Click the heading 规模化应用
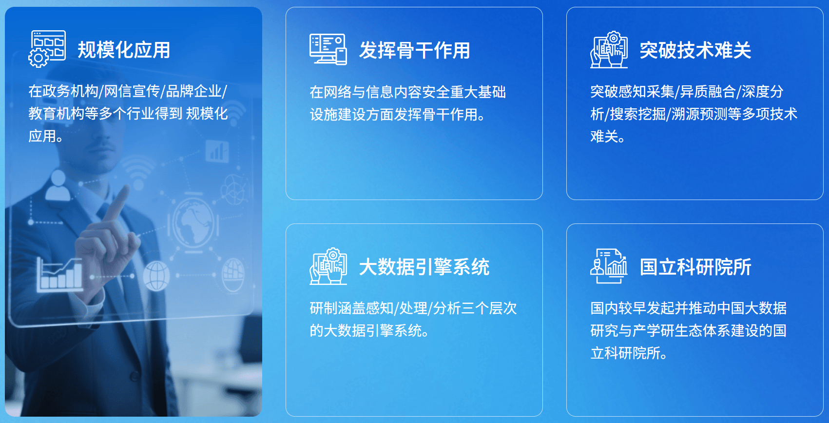pyautogui.click(x=124, y=50)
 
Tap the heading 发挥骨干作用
pyautogui.click(x=414, y=50)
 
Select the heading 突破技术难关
pyautogui.click(x=695, y=50)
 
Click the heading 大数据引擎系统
pyautogui.click(x=424, y=267)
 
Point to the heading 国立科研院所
pyautogui.click(x=695, y=267)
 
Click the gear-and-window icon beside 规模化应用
pyautogui.click(x=47, y=49)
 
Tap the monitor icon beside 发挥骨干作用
pyautogui.click(x=328, y=49)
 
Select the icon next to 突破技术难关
pyautogui.click(x=609, y=49)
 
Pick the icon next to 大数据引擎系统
pyautogui.click(x=328, y=266)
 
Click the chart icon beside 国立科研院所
pyautogui.click(x=609, y=266)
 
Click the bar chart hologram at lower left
pyautogui.click(x=59, y=274)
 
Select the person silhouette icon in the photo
pyautogui.click(x=58, y=186)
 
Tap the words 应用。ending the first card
pyautogui.click(x=46, y=136)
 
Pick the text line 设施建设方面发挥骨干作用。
pyautogui.click(x=398, y=115)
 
